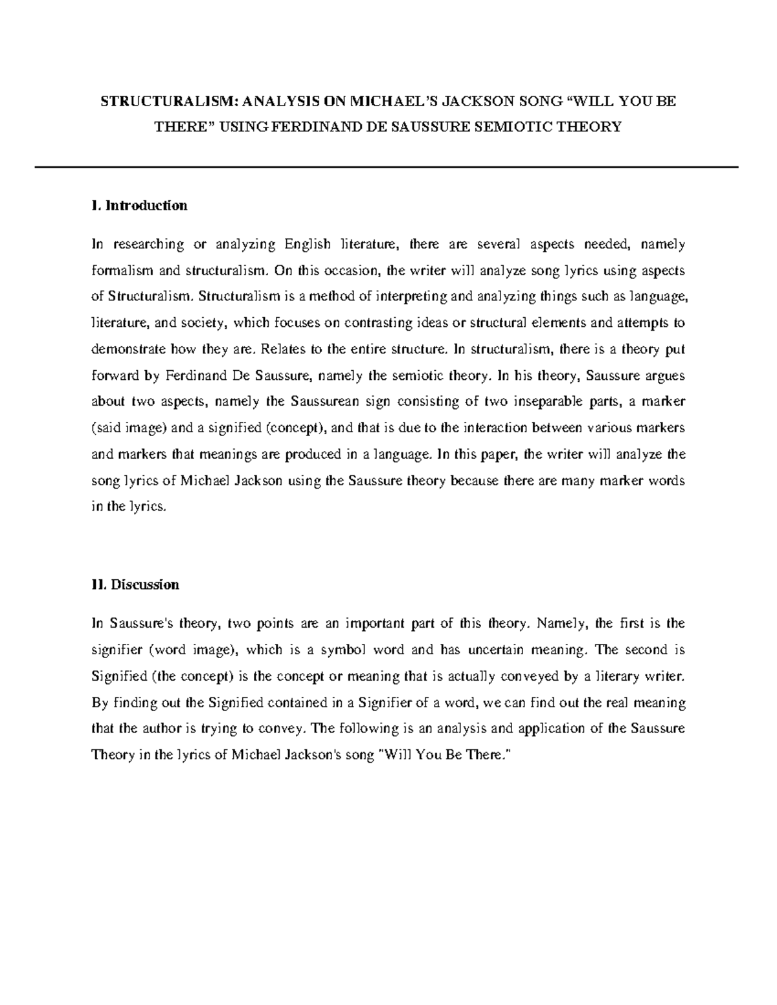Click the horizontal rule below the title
point(387,168)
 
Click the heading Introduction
point(146,206)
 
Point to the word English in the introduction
point(304,245)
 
